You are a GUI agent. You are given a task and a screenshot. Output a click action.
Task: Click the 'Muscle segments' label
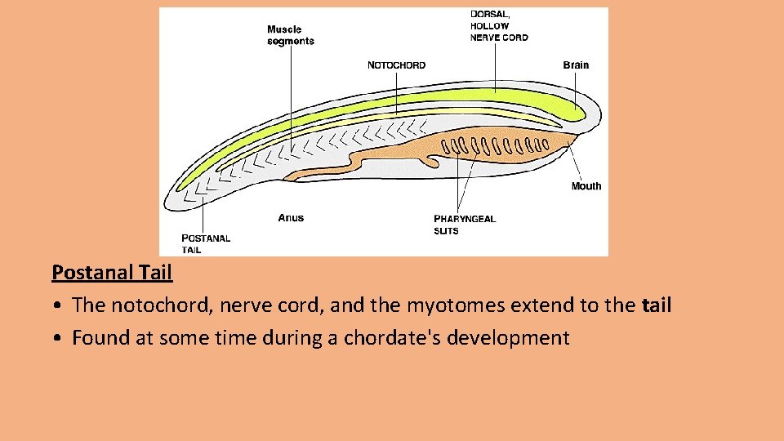(x=290, y=35)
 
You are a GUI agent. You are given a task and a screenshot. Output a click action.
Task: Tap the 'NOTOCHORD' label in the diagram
(x=396, y=65)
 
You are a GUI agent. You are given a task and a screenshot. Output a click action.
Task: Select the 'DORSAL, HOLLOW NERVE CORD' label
(x=499, y=25)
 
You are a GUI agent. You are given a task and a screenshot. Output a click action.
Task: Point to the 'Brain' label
(x=575, y=65)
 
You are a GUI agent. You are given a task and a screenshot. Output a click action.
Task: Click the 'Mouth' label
(x=586, y=186)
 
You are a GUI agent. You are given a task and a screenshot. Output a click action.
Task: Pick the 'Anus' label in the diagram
(x=290, y=218)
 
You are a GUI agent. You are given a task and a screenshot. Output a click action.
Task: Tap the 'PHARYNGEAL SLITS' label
(x=464, y=225)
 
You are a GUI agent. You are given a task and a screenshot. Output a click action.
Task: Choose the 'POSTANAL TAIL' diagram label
(x=205, y=243)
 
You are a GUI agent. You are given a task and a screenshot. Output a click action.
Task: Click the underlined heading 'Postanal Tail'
(x=112, y=272)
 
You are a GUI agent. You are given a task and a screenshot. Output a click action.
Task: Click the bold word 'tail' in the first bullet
(x=656, y=305)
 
